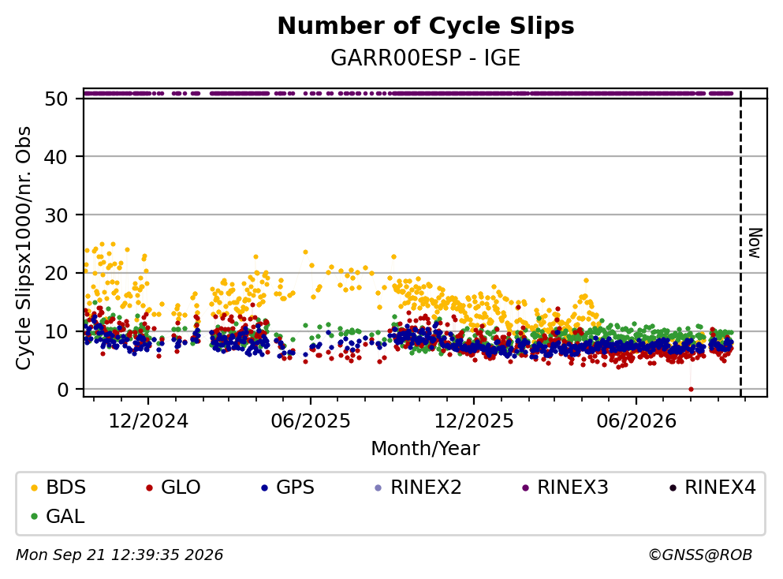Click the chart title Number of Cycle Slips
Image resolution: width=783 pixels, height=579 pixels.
coord(426,26)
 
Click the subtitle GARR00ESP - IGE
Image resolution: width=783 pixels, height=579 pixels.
coord(426,58)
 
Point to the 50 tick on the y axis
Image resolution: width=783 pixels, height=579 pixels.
coord(56,99)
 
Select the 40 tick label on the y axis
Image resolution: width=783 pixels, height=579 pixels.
coord(56,157)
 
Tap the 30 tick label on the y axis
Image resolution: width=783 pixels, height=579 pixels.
coord(56,215)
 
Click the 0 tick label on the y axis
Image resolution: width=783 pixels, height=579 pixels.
coord(62,389)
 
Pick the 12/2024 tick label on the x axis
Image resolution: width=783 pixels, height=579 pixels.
coord(148,421)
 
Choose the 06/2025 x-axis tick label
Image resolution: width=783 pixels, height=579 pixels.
coord(311,421)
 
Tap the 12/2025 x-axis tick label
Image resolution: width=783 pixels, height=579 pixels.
coord(473,421)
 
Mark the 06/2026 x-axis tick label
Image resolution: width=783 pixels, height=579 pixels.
coord(636,421)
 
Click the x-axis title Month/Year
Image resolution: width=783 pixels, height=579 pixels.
coord(426,449)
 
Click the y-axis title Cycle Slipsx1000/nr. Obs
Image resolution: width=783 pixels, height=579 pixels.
coord(23,248)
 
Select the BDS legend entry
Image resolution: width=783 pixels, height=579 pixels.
coord(58,487)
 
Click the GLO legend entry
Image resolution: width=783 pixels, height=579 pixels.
coord(173,487)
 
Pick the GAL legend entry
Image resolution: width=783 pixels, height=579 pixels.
coord(58,516)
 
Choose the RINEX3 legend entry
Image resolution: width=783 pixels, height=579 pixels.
coord(565,487)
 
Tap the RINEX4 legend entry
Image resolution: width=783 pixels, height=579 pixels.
coord(713,487)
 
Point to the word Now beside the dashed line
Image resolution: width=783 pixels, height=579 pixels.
coord(755,243)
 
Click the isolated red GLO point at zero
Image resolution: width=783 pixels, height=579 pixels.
coord(691,389)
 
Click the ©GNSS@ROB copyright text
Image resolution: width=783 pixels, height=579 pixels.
coord(700,555)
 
